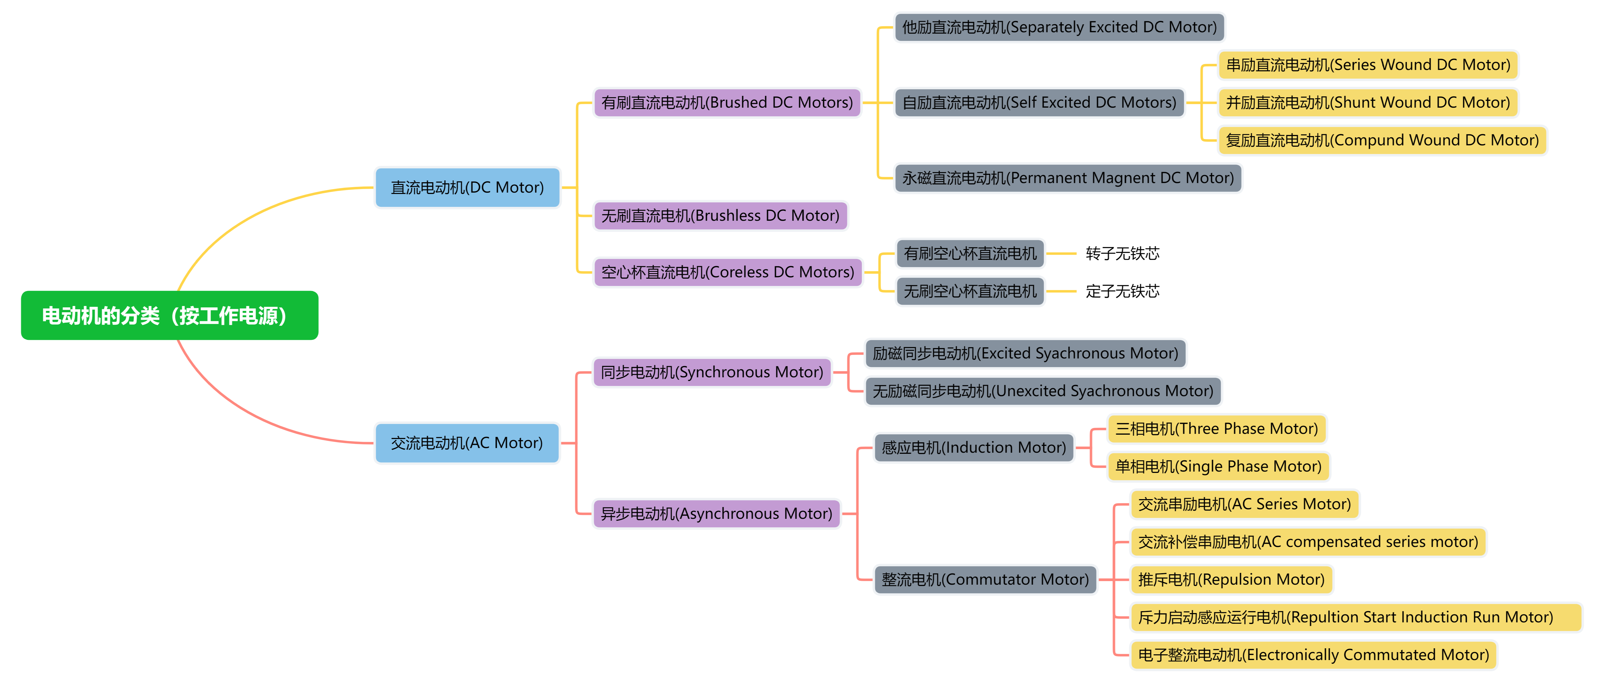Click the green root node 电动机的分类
(169, 315)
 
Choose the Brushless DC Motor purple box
(720, 216)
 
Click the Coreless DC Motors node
(728, 272)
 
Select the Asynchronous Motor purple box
(717, 514)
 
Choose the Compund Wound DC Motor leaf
(1382, 140)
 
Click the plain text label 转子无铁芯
(1122, 254)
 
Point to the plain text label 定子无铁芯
(1122, 291)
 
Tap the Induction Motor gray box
(974, 448)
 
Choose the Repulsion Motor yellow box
(1231, 579)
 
